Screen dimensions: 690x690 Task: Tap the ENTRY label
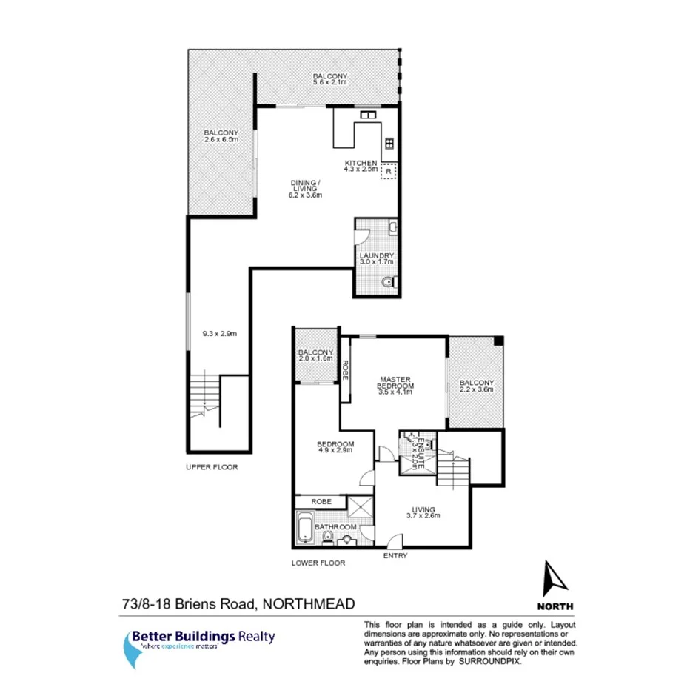coord(395,555)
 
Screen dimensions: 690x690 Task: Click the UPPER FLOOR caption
coord(212,468)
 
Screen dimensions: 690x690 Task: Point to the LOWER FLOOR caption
coord(318,563)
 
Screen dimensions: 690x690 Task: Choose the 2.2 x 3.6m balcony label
coord(476,386)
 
